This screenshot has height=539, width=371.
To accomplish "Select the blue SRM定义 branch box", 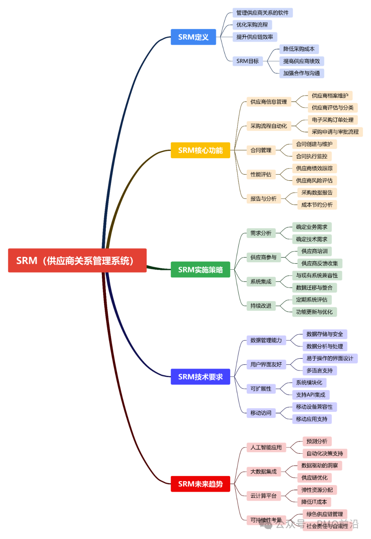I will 193,37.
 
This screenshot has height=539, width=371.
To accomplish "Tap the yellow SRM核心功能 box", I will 200,150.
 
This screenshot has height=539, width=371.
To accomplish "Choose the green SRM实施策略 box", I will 200,270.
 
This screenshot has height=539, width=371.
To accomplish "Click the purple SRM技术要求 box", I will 200,377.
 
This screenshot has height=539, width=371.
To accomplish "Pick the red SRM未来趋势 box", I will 200,484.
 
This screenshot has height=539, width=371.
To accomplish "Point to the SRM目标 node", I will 247,61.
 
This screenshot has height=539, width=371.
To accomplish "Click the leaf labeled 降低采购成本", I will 299,49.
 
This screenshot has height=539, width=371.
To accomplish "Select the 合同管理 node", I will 261,150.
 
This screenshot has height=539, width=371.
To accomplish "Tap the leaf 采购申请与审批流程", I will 335,132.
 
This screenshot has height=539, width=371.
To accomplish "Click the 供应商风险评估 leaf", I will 314,181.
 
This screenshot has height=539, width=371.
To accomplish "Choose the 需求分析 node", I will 261,233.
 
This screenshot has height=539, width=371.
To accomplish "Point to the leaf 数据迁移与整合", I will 314,288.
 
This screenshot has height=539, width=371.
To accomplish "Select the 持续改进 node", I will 261,306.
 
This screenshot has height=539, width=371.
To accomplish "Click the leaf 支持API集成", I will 311,395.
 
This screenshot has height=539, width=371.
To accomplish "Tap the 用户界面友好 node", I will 266,364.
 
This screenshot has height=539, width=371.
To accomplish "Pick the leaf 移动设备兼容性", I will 314,407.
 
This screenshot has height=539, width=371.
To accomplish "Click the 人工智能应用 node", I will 266,448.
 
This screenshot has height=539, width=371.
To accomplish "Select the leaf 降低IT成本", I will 314,502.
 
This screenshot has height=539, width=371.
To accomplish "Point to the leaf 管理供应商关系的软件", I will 262,13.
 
